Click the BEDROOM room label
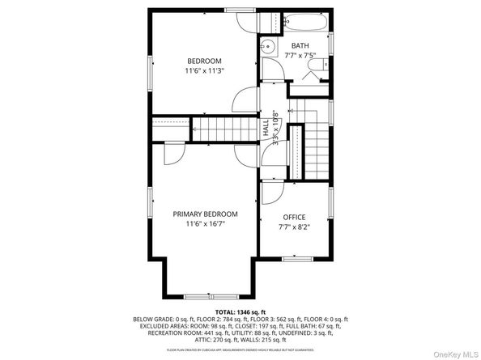(x=204, y=61)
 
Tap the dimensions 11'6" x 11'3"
(x=204, y=71)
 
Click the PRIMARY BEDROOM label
(x=205, y=214)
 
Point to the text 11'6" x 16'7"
(x=205, y=224)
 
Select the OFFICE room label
(x=294, y=218)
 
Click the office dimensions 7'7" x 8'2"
(x=294, y=227)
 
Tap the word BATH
(x=300, y=46)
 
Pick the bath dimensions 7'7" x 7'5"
(x=300, y=56)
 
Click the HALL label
(x=266, y=128)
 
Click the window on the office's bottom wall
(x=295, y=260)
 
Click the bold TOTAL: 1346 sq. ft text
(x=240, y=312)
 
